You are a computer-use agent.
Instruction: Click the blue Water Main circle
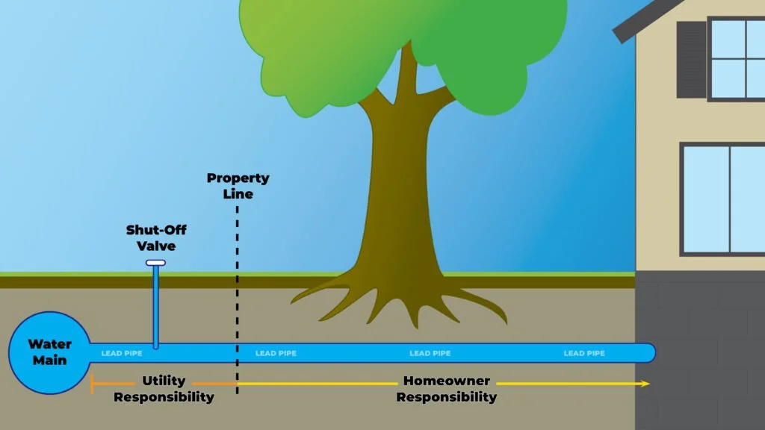click(49, 352)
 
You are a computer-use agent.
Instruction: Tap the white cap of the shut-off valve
click(155, 263)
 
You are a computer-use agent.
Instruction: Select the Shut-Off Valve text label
click(155, 237)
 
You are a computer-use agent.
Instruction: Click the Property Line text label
click(238, 186)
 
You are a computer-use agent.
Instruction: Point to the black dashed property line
click(238, 299)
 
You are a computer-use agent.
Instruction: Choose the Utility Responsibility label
click(164, 389)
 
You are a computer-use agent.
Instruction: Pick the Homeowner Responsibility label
click(446, 389)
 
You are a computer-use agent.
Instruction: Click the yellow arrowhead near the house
click(645, 384)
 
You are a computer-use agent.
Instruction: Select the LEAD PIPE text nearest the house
click(584, 353)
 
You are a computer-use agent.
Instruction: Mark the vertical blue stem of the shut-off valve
click(155, 306)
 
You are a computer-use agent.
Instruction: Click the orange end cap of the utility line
click(92, 384)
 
